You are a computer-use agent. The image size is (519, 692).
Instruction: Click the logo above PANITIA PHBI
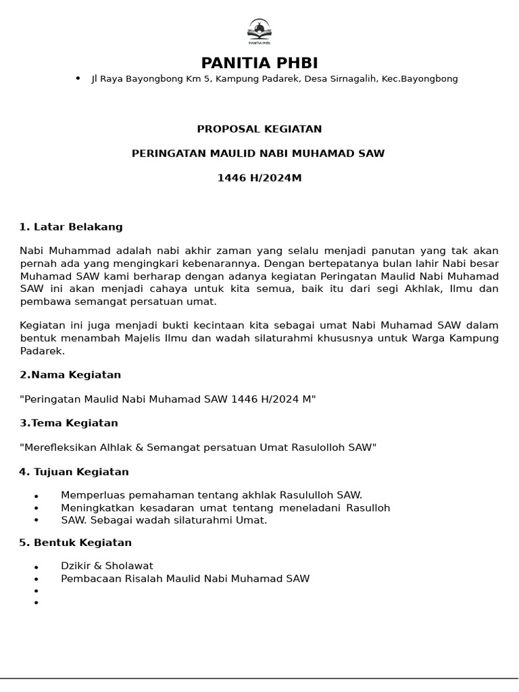click(259, 31)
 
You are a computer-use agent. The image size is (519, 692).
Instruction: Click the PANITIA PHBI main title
click(259, 64)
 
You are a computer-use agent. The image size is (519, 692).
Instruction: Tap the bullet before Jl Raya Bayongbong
click(78, 78)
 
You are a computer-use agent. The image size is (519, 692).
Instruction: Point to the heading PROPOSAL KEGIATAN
click(259, 129)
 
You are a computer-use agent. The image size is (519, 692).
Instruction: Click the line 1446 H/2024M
click(259, 178)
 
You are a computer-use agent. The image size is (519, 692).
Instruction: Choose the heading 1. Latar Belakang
click(71, 227)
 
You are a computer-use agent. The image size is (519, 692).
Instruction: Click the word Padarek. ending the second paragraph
click(42, 351)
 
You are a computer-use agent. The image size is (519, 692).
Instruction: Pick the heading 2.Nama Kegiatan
click(70, 374)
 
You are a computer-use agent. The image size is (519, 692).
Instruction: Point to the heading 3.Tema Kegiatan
click(69, 423)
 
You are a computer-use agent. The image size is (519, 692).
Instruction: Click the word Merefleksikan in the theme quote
click(58, 447)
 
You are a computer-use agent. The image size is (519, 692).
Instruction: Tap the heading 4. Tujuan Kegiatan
click(74, 472)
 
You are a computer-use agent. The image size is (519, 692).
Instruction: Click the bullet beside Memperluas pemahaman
click(36, 496)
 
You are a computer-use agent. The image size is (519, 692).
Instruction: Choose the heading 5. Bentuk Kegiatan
click(75, 543)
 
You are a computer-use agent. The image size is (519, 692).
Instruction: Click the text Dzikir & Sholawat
click(107, 566)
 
